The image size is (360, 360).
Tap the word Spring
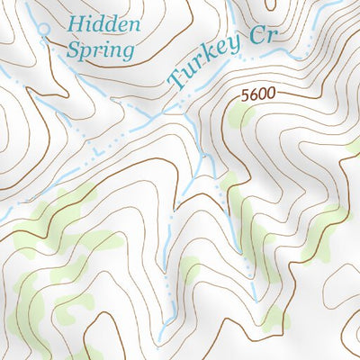click(102, 49)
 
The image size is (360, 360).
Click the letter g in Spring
click(128, 52)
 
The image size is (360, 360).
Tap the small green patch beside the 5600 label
click(238, 114)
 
